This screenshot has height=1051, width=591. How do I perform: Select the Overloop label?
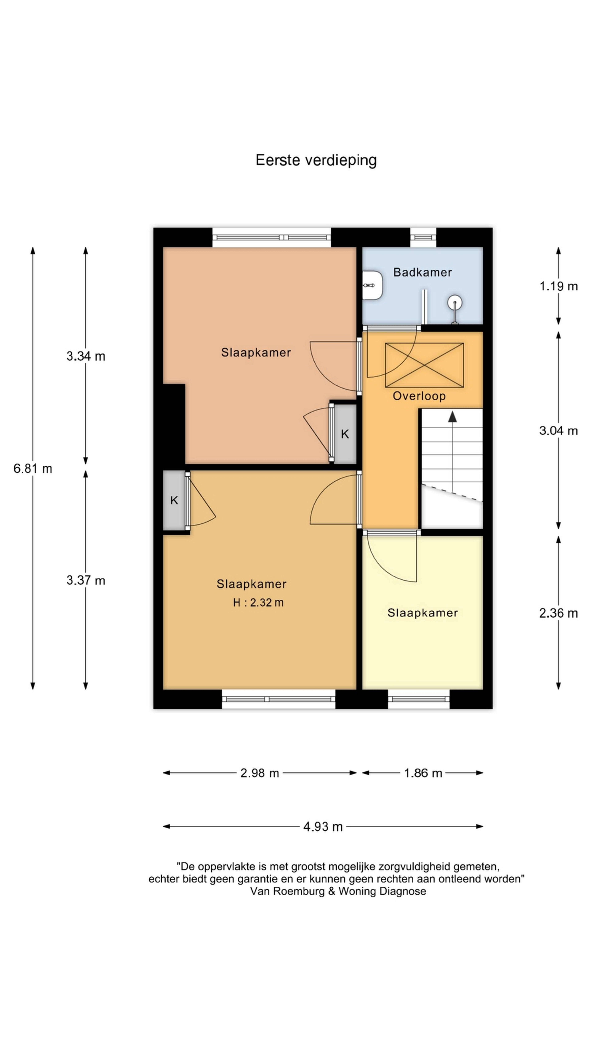click(419, 396)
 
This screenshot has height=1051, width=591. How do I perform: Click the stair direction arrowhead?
click(452, 416)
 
